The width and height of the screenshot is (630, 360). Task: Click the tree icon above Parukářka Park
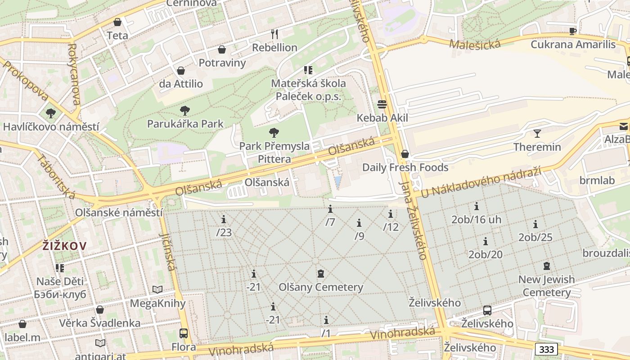184,110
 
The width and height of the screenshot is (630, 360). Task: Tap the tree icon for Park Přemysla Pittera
274,132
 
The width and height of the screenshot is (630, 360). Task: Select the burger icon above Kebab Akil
382,104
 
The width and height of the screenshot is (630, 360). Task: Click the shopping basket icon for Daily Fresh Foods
405,154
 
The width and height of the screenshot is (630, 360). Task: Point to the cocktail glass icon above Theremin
537,133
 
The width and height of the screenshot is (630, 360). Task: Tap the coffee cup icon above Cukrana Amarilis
572,31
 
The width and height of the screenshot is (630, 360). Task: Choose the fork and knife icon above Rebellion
274,34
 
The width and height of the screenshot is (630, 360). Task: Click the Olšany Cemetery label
320,287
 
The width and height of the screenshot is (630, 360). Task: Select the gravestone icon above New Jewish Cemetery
546,266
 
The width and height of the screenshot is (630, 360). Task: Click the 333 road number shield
546,349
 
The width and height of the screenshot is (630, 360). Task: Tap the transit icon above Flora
184,333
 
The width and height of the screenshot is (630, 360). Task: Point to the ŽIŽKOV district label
65,246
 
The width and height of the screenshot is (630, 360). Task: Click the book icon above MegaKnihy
157,289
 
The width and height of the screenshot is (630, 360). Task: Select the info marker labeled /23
224,219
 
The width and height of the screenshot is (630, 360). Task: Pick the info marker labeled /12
391,214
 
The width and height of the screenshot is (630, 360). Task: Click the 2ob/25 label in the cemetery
535,237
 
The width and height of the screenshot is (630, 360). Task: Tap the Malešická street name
474,43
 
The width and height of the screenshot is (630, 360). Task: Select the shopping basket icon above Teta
117,22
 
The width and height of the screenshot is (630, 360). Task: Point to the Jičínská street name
167,252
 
